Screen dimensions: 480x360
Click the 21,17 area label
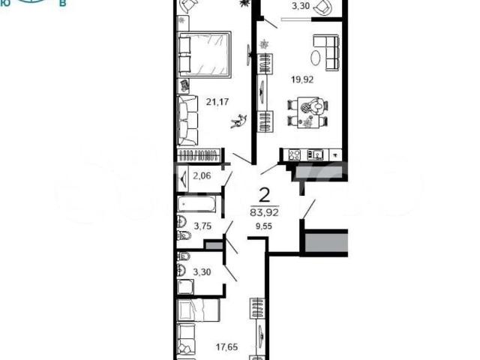(217, 102)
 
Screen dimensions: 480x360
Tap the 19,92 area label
(302, 80)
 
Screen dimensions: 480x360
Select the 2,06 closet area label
(202, 176)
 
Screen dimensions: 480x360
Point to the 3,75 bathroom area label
(202, 226)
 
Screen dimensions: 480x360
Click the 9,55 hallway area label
(264, 226)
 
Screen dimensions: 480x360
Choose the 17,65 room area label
(226, 347)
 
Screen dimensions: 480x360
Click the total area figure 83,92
(264, 212)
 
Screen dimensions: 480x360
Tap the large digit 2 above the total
(265, 195)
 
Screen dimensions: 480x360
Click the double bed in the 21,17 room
(204, 54)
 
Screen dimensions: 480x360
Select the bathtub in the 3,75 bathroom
(196, 204)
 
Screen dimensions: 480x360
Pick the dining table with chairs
(308, 112)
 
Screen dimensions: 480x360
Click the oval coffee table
(315, 58)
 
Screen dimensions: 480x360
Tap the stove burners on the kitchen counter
(295, 155)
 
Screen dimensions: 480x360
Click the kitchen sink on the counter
(315, 155)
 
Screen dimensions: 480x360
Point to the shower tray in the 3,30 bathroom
(185, 286)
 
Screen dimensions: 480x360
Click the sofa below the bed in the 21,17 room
(187, 120)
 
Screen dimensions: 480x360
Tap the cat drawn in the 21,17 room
(238, 121)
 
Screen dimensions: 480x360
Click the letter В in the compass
(63, 4)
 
